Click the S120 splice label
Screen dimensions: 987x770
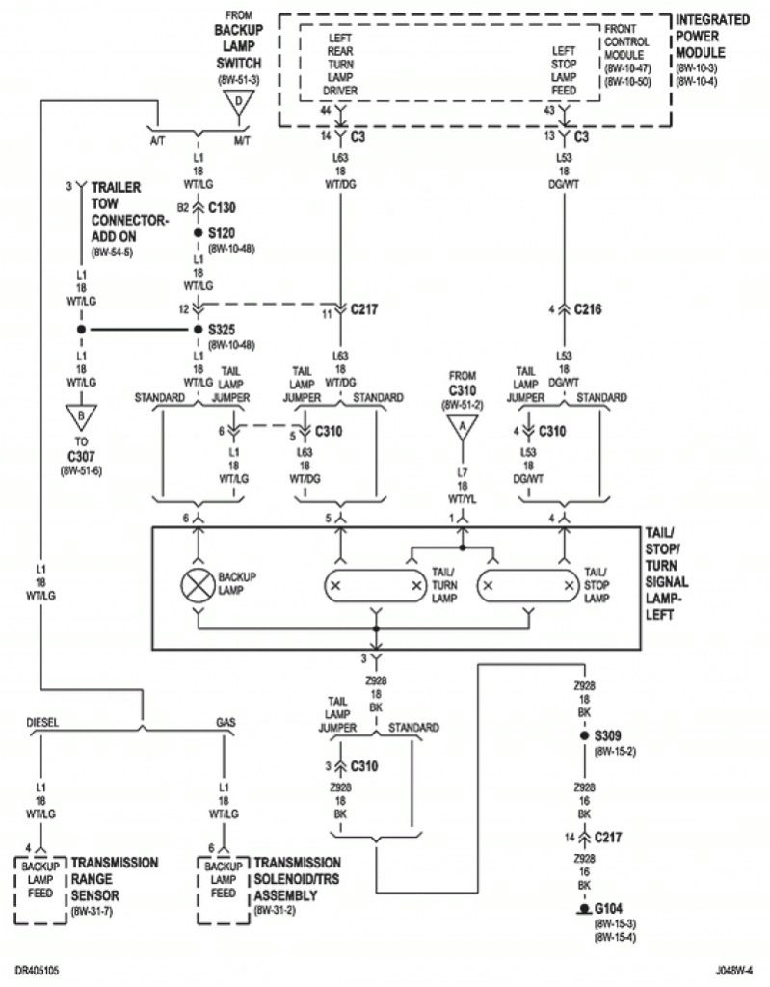(x=222, y=233)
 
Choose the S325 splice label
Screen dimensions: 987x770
(x=222, y=330)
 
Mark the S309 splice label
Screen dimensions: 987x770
(x=609, y=735)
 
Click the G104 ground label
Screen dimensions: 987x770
(x=609, y=909)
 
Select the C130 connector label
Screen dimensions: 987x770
(x=222, y=207)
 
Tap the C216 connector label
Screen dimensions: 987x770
(x=588, y=309)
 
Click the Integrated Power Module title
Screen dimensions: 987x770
(x=712, y=37)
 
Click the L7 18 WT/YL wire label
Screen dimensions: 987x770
(x=462, y=483)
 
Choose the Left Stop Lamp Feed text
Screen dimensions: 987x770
(x=564, y=70)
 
